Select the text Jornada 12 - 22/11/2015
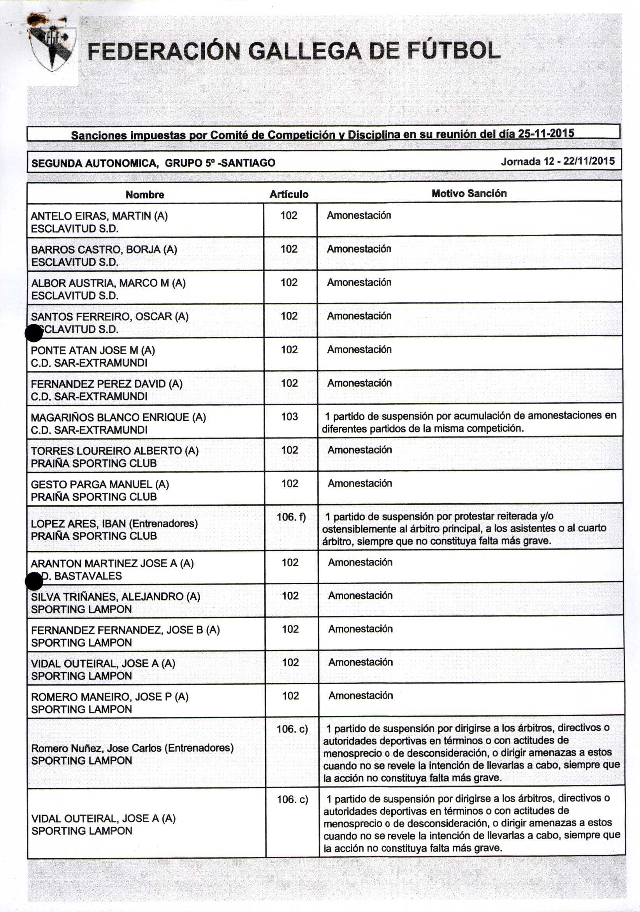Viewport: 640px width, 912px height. (x=557, y=161)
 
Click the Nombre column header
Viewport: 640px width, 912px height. (x=144, y=195)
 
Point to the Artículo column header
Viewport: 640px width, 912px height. (x=289, y=194)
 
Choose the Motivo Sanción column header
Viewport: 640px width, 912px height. (x=469, y=193)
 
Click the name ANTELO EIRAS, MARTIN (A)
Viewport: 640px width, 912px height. (x=99, y=216)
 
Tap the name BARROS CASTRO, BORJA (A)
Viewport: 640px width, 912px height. (x=104, y=250)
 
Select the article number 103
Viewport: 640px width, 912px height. (x=289, y=416)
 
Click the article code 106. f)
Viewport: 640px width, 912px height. (x=291, y=517)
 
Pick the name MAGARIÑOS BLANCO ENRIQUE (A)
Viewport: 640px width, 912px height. (x=118, y=418)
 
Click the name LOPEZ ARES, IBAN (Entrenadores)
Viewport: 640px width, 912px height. (x=114, y=524)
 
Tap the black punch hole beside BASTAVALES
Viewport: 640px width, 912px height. (x=34, y=582)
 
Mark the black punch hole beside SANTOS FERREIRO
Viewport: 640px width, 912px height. (x=34, y=333)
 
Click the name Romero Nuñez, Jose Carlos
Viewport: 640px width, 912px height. (x=132, y=748)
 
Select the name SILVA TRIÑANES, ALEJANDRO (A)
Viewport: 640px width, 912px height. (x=115, y=597)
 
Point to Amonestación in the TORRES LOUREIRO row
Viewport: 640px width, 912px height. (x=360, y=450)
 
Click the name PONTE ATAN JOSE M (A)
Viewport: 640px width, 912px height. (x=93, y=350)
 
